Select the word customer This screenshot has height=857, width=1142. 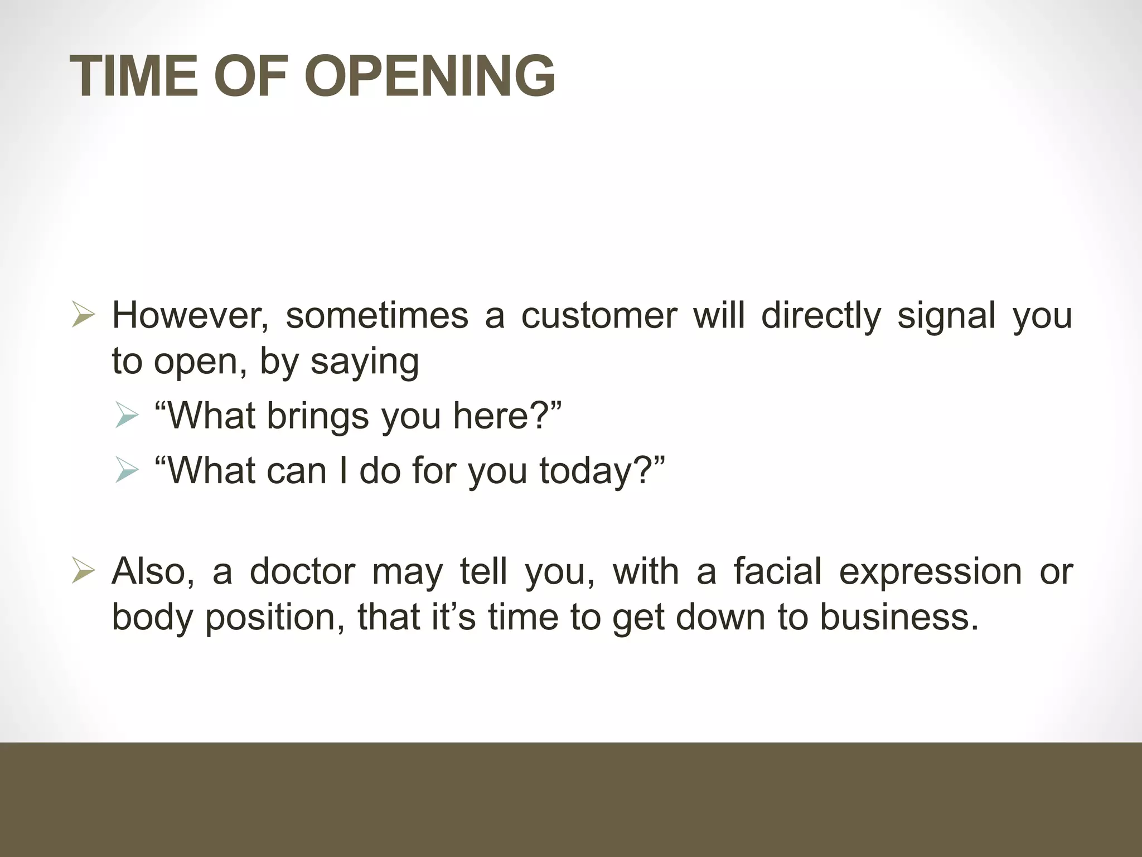[599, 316]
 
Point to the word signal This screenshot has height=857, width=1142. [946, 316]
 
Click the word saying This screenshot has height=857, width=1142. [365, 362]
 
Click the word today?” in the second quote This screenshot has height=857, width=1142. [602, 471]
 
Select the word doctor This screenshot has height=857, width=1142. [302, 572]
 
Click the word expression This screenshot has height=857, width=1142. [931, 572]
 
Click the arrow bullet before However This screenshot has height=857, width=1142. [83, 315]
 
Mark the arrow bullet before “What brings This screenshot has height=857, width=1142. [127, 416]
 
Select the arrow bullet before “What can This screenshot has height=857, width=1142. [127, 470]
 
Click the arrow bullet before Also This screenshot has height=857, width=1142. [83, 572]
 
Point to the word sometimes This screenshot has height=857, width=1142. [377, 316]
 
